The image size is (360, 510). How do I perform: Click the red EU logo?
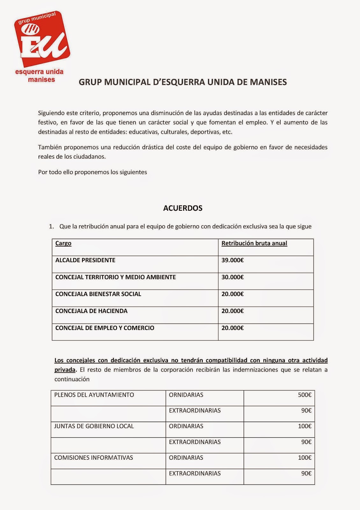click(42, 40)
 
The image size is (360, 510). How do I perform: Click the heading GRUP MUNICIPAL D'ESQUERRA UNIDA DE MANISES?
click(183, 82)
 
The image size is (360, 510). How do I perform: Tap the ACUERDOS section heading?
click(183, 208)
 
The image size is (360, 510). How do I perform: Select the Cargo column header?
click(63, 244)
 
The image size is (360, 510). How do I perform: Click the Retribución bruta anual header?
click(254, 244)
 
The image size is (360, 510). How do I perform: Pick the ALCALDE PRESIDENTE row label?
click(85, 260)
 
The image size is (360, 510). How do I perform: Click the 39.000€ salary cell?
click(233, 260)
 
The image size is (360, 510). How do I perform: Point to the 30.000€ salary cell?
click(233, 277)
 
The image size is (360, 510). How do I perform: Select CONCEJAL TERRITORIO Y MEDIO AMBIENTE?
click(116, 277)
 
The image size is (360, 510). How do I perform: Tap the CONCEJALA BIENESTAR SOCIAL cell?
click(98, 294)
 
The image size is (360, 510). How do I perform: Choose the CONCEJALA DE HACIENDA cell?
click(91, 311)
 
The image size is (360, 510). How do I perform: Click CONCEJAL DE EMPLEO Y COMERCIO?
click(105, 328)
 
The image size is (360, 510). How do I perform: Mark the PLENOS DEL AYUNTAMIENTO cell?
click(94, 395)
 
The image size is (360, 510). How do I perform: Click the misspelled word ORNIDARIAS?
click(186, 395)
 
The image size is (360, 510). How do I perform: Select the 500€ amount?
click(305, 395)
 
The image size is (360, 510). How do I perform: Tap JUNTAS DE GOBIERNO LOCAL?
click(94, 426)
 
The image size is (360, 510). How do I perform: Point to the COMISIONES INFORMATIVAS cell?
click(94, 458)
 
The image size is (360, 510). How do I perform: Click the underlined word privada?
click(65, 370)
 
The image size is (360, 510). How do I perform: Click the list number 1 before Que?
click(51, 227)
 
